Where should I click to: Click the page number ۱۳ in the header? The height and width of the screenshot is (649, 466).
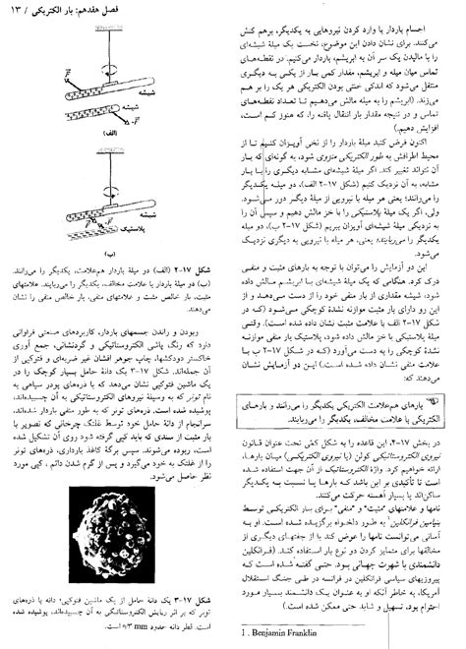coord(29,13)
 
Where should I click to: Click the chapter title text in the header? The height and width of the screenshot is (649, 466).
coord(92,13)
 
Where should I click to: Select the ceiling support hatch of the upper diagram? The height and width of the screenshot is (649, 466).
coord(135,36)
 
